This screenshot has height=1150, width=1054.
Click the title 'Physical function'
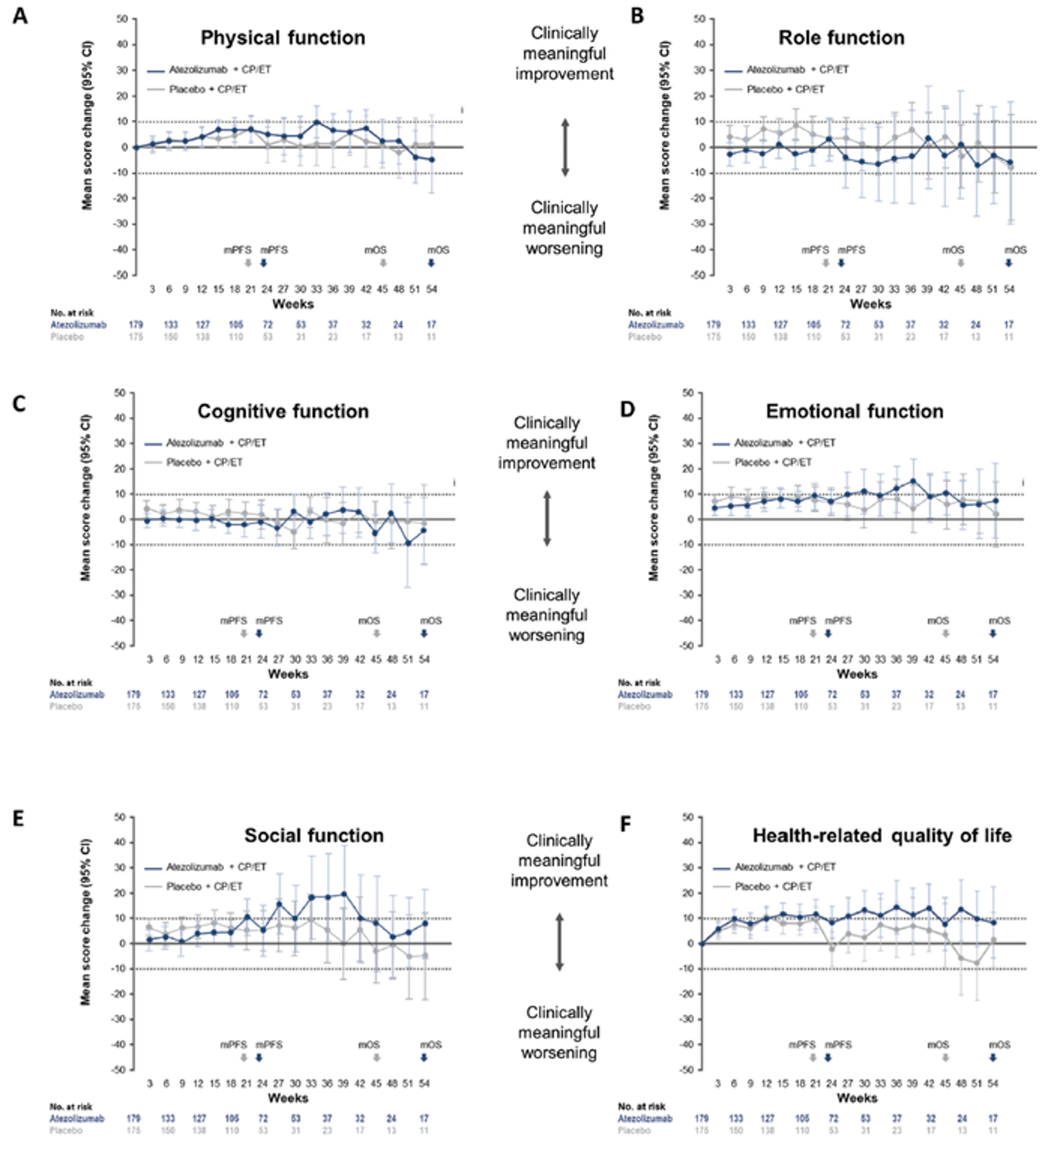click(282, 38)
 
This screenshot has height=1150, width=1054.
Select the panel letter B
click(637, 16)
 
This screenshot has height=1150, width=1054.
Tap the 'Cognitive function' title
click(282, 411)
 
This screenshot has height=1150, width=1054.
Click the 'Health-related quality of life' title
click(881, 836)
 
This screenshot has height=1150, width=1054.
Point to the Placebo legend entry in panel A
click(207, 90)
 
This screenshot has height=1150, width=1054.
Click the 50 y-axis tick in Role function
click(699, 19)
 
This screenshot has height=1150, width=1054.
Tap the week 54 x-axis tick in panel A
click(431, 289)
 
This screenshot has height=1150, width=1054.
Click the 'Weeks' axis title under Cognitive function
click(288, 674)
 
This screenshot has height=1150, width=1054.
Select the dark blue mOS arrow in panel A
click(431, 263)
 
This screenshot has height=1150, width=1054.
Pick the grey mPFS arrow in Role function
click(825, 263)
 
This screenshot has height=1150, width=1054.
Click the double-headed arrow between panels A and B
click(564, 147)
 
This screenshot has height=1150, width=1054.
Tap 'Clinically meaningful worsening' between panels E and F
click(559, 1032)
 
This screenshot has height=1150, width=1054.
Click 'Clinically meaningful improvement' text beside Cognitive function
click(547, 442)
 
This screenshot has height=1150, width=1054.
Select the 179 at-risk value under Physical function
click(136, 325)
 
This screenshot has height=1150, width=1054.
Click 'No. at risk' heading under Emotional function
click(639, 683)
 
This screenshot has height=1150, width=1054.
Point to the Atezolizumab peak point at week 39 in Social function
click(344, 894)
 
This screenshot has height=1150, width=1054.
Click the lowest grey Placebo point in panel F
click(976, 963)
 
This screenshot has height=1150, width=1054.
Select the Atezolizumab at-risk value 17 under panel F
click(993, 1118)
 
